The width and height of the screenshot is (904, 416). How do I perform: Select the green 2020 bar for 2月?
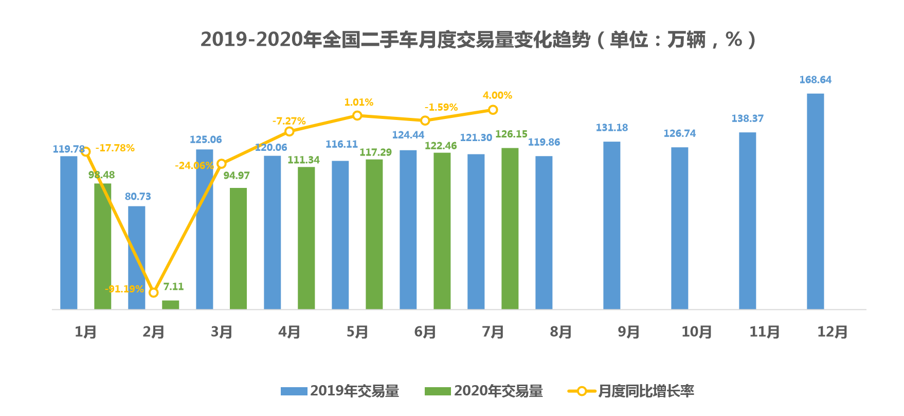coord(170,305)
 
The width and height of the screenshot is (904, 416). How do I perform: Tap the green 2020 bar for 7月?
coord(510,229)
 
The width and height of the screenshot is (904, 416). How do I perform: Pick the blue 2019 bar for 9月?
coord(611,225)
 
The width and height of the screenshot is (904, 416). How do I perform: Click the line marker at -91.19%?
coord(153,292)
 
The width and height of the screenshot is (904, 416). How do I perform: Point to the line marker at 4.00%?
coord(493,110)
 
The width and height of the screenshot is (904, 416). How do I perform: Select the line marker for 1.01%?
coord(357,115)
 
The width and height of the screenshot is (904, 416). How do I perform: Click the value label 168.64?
coord(815,80)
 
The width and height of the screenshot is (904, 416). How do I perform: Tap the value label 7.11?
coord(173,287)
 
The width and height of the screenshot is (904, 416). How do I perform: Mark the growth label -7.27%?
coord(289,121)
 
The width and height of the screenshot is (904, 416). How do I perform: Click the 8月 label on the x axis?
coord(561,332)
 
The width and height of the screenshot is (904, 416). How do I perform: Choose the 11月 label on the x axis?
coord(764,332)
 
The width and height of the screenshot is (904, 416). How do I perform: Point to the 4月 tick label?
coord(289,332)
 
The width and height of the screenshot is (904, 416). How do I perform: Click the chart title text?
coord(478,40)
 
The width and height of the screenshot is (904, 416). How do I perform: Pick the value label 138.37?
coord(747,118)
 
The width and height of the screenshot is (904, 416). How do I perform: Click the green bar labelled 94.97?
coord(238,248)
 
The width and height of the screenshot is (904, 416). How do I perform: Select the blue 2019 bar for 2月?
coord(136,257)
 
